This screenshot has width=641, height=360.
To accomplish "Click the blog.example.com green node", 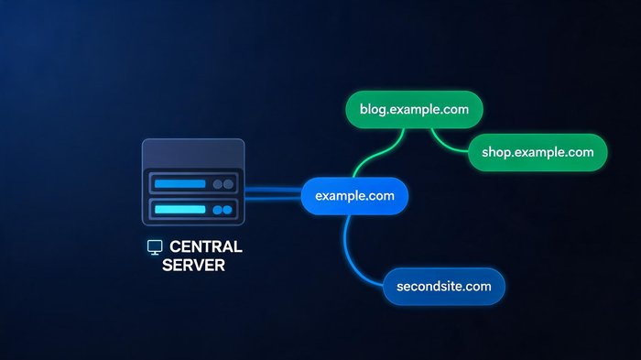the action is pos(414,110).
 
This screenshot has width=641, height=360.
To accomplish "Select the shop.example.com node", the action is pos(538,152).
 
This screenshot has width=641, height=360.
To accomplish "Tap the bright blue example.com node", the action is pos(354,196).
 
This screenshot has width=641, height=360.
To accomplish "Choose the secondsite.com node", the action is pos(444,287).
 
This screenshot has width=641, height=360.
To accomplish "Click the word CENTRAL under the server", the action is pos(206,246).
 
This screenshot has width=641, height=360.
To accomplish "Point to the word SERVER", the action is pos(193,265).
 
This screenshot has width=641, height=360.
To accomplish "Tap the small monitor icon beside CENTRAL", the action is pos(155,247).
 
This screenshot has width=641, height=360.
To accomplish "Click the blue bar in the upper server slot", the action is pos(179,184).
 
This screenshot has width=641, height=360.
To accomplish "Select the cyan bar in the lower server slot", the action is pos(179,210).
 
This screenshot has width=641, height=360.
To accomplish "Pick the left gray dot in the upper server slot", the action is pos(218,184).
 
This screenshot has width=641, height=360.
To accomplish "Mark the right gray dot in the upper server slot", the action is pos(228,184).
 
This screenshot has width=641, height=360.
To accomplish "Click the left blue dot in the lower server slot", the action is pos(218,210).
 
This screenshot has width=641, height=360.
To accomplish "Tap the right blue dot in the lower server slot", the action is pos(227,210).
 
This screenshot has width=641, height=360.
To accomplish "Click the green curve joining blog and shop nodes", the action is pos(447,145).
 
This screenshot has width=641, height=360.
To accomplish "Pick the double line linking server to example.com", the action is pos(273,194).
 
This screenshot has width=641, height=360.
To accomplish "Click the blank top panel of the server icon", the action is pos(193,153).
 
